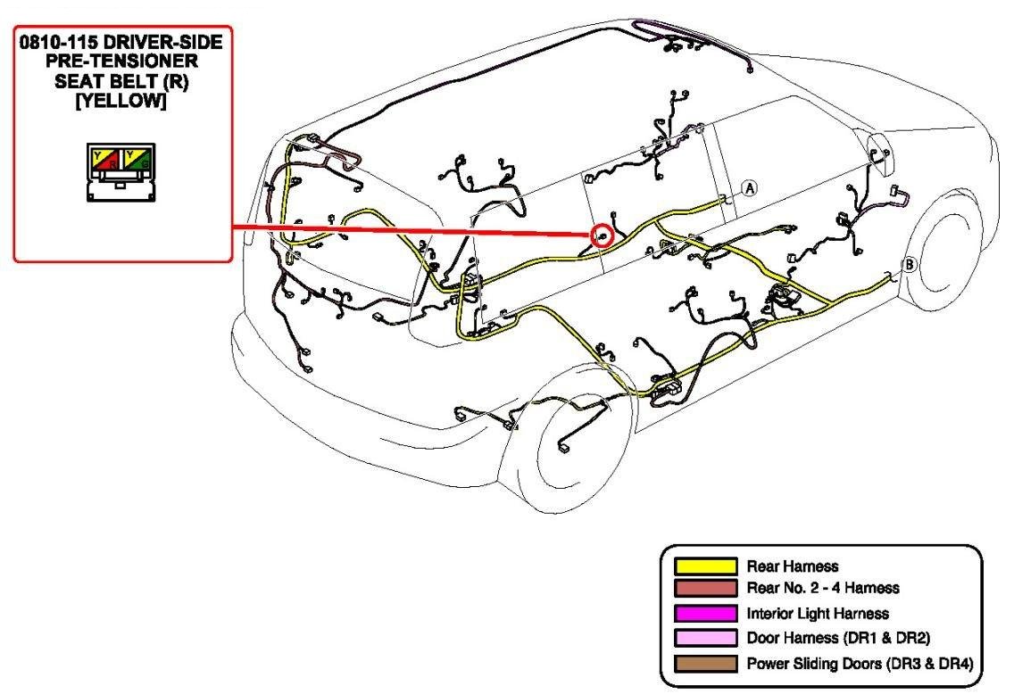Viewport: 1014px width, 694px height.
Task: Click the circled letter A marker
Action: (749, 188)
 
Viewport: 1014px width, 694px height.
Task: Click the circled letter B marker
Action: (909, 264)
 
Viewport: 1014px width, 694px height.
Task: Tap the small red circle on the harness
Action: (603, 235)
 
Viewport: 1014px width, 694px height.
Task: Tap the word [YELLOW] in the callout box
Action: (121, 101)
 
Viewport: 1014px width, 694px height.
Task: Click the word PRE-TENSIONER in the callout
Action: (121, 62)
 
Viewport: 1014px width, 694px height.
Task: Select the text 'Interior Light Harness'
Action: (818, 614)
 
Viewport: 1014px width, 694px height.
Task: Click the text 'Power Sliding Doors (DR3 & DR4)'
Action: (859, 664)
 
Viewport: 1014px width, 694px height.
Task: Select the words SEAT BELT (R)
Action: (121, 81)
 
